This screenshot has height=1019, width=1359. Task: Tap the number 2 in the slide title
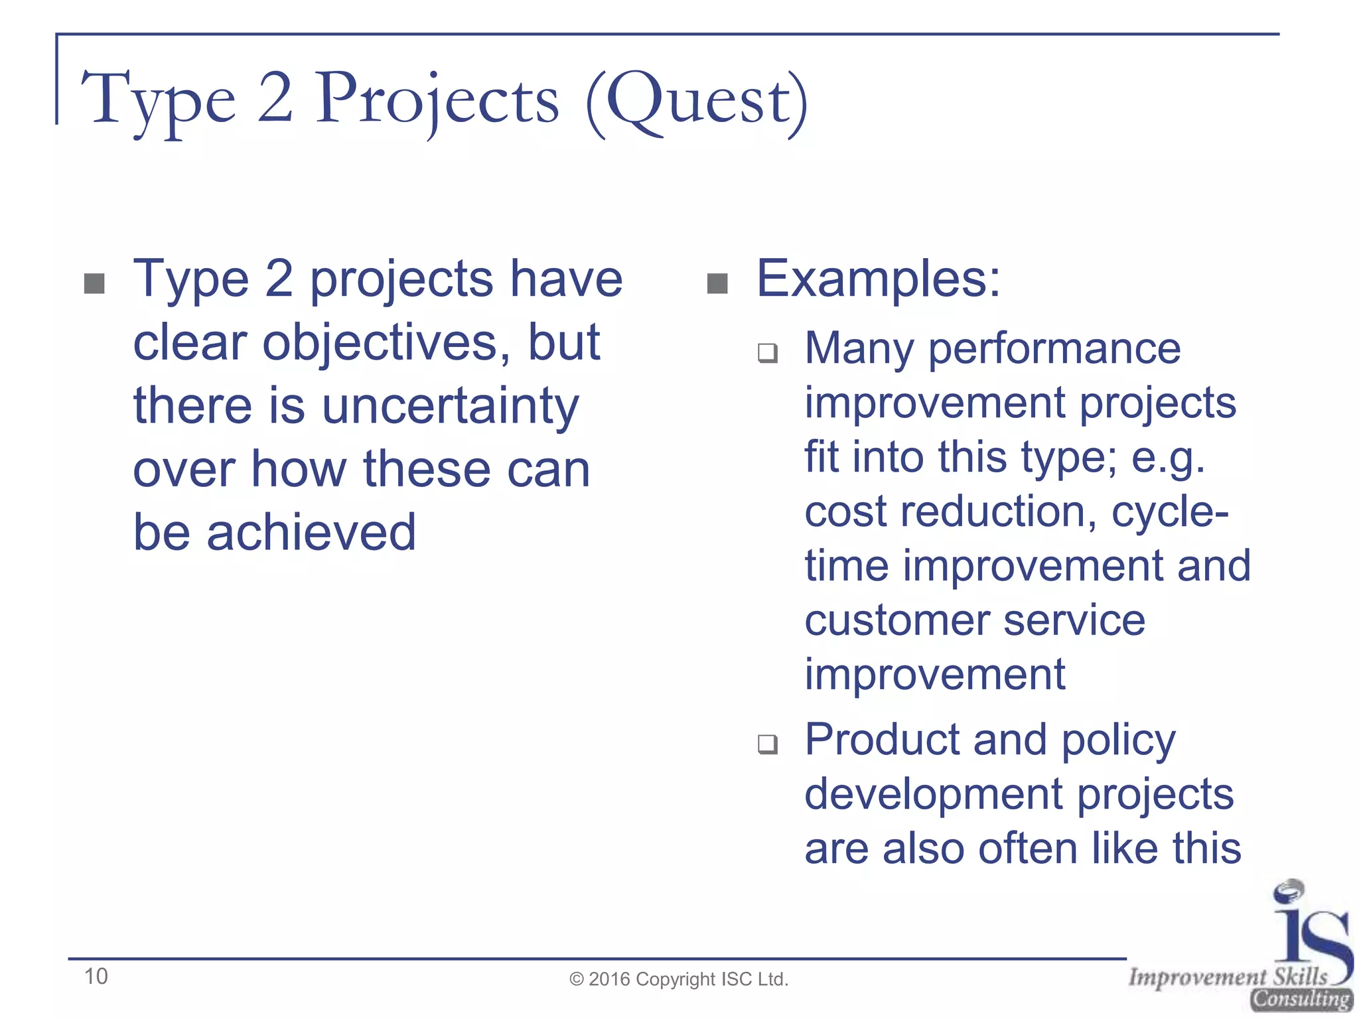coord(275,100)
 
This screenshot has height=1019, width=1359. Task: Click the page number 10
coord(96,977)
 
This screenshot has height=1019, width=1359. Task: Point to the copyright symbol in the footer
coord(576,980)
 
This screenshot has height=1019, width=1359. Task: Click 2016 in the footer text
coord(609,980)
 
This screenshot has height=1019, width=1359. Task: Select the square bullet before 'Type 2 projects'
coord(95,284)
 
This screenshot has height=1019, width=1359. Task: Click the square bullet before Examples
coord(717,284)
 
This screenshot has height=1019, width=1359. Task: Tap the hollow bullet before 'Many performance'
coord(768,352)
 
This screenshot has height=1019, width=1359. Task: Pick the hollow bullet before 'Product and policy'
coord(768,744)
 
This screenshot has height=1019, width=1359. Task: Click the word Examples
coord(877,279)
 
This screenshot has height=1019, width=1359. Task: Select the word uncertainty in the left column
coord(451,406)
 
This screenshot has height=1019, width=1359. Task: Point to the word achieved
coord(311,533)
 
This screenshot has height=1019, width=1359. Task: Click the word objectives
coord(386,343)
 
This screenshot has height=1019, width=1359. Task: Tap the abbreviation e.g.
coord(1168,458)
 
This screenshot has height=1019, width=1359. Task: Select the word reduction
coord(998,512)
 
